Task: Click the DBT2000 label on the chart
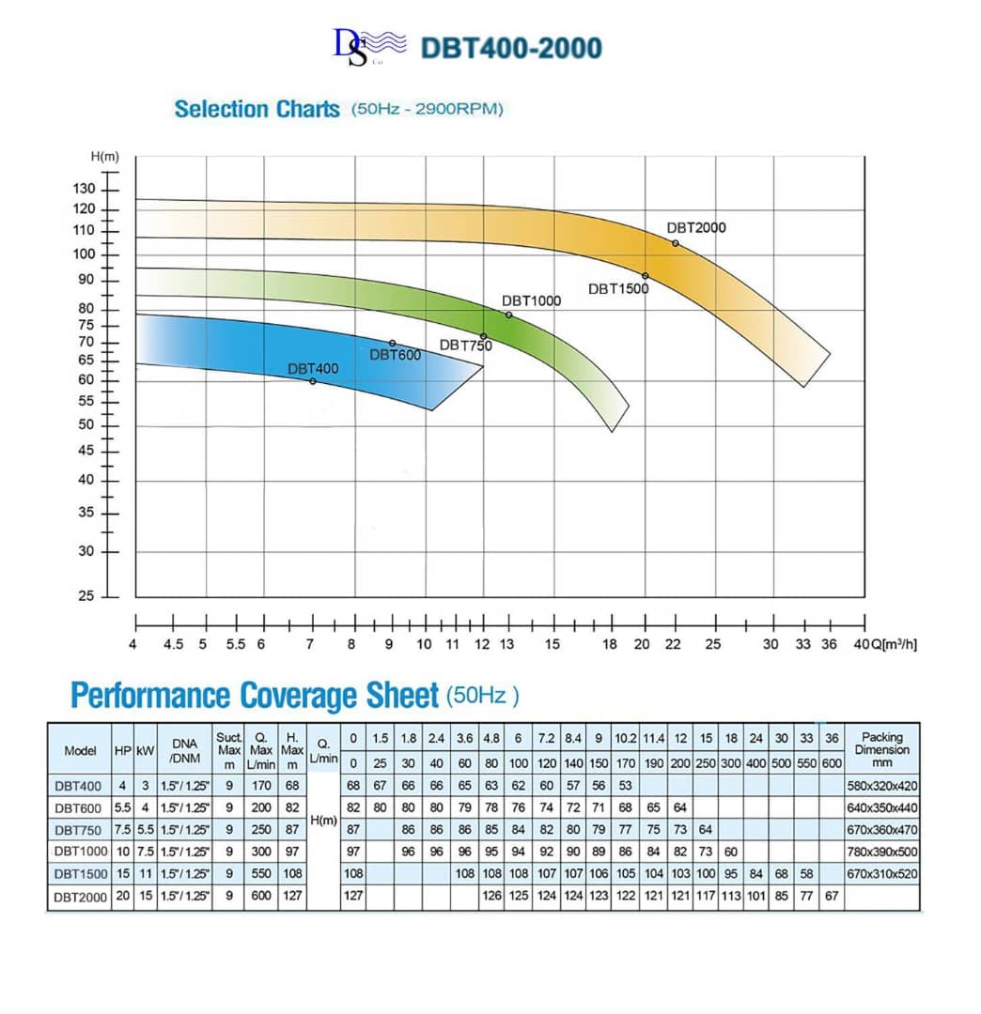696,227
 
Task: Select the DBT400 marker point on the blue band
313,381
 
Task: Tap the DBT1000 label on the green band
531,300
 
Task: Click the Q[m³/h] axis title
890,644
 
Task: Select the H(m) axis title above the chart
104,156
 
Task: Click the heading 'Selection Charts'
257,109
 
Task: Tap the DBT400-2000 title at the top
510,48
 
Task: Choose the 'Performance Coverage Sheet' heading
255,696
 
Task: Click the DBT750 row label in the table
79,830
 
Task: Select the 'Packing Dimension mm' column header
881,750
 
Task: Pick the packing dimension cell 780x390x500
881,852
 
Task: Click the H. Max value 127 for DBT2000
292,896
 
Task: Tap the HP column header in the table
123,751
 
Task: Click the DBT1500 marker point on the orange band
646,276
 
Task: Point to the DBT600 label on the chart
395,355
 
